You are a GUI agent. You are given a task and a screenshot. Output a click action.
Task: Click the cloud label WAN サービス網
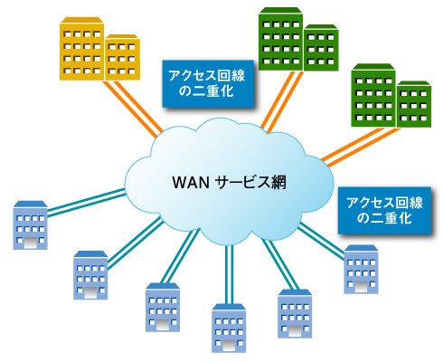pos(229,182)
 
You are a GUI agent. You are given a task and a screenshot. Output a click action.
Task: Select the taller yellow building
pos(82,49)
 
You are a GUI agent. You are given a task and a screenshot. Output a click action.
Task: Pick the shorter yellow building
pos(122,57)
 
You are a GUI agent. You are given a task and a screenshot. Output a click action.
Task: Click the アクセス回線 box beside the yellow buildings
pos(208,83)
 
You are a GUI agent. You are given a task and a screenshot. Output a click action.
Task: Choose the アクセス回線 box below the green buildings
pos(384,211)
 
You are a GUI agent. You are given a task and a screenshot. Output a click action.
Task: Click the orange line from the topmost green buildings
pos(282,101)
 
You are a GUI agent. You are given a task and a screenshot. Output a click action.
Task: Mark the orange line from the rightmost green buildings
pos(361,147)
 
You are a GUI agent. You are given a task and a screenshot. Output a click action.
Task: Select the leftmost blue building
pos(30,225)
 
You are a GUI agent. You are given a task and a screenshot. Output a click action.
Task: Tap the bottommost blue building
pos(229,328)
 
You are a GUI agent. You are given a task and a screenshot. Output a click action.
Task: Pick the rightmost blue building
pos(361,269)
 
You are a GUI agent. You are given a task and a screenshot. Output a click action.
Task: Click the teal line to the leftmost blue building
pos(86,202)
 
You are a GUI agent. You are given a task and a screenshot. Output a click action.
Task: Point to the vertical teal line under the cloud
pos(229,274)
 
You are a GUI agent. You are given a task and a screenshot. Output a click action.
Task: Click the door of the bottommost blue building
pos(229,344)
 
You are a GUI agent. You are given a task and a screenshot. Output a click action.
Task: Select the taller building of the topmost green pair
pos(280,39)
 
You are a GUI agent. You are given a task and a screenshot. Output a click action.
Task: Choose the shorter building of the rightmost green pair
pos(414,104)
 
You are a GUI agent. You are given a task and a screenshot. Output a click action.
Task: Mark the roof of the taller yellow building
pos(81,20)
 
